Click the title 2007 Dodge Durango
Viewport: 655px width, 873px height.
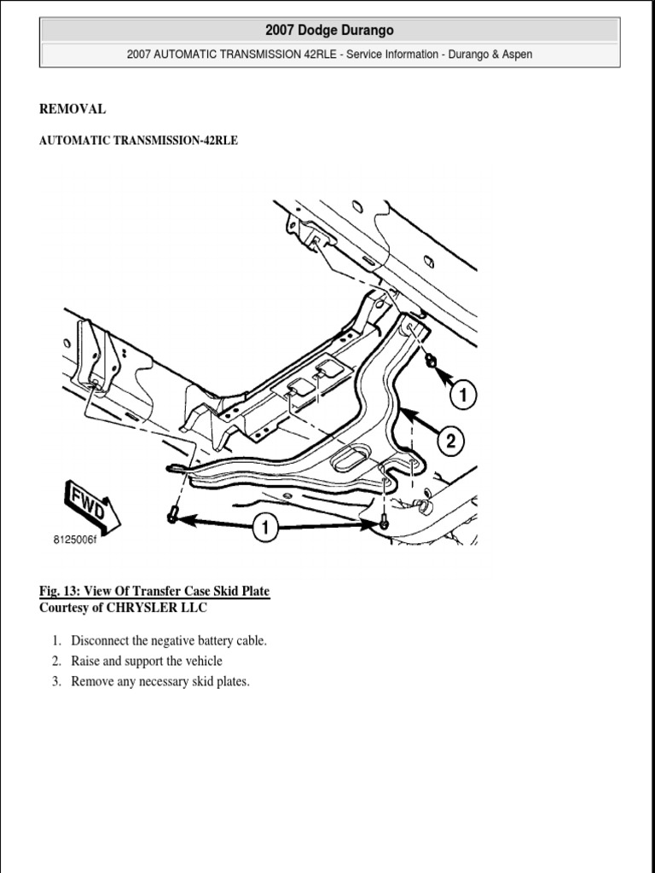(329, 31)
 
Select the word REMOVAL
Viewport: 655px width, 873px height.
(72, 109)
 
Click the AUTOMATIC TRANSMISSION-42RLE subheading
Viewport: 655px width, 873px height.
(138, 142)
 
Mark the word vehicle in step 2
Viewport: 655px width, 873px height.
(201, 661)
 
